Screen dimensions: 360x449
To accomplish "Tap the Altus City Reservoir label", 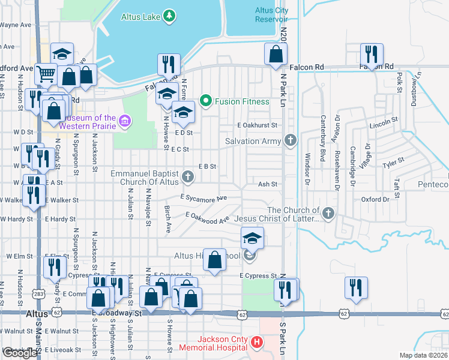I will click(271, 15).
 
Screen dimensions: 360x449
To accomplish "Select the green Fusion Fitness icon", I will click(206, 101).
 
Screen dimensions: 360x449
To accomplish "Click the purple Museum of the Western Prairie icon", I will click(124, 122).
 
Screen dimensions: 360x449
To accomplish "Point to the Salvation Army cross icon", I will click(291, 141).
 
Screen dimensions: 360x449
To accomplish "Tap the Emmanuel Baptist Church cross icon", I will click(188, 176).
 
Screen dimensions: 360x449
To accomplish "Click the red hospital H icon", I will click(257, 343).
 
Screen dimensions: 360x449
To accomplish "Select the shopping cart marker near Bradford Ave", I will click(46, 74).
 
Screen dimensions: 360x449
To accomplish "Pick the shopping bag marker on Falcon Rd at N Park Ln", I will click(275, 54).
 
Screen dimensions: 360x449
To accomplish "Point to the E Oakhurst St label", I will click(257, 125).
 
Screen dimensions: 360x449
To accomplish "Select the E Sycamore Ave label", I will click(204, 197).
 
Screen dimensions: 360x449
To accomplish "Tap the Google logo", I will click(20, 353).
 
